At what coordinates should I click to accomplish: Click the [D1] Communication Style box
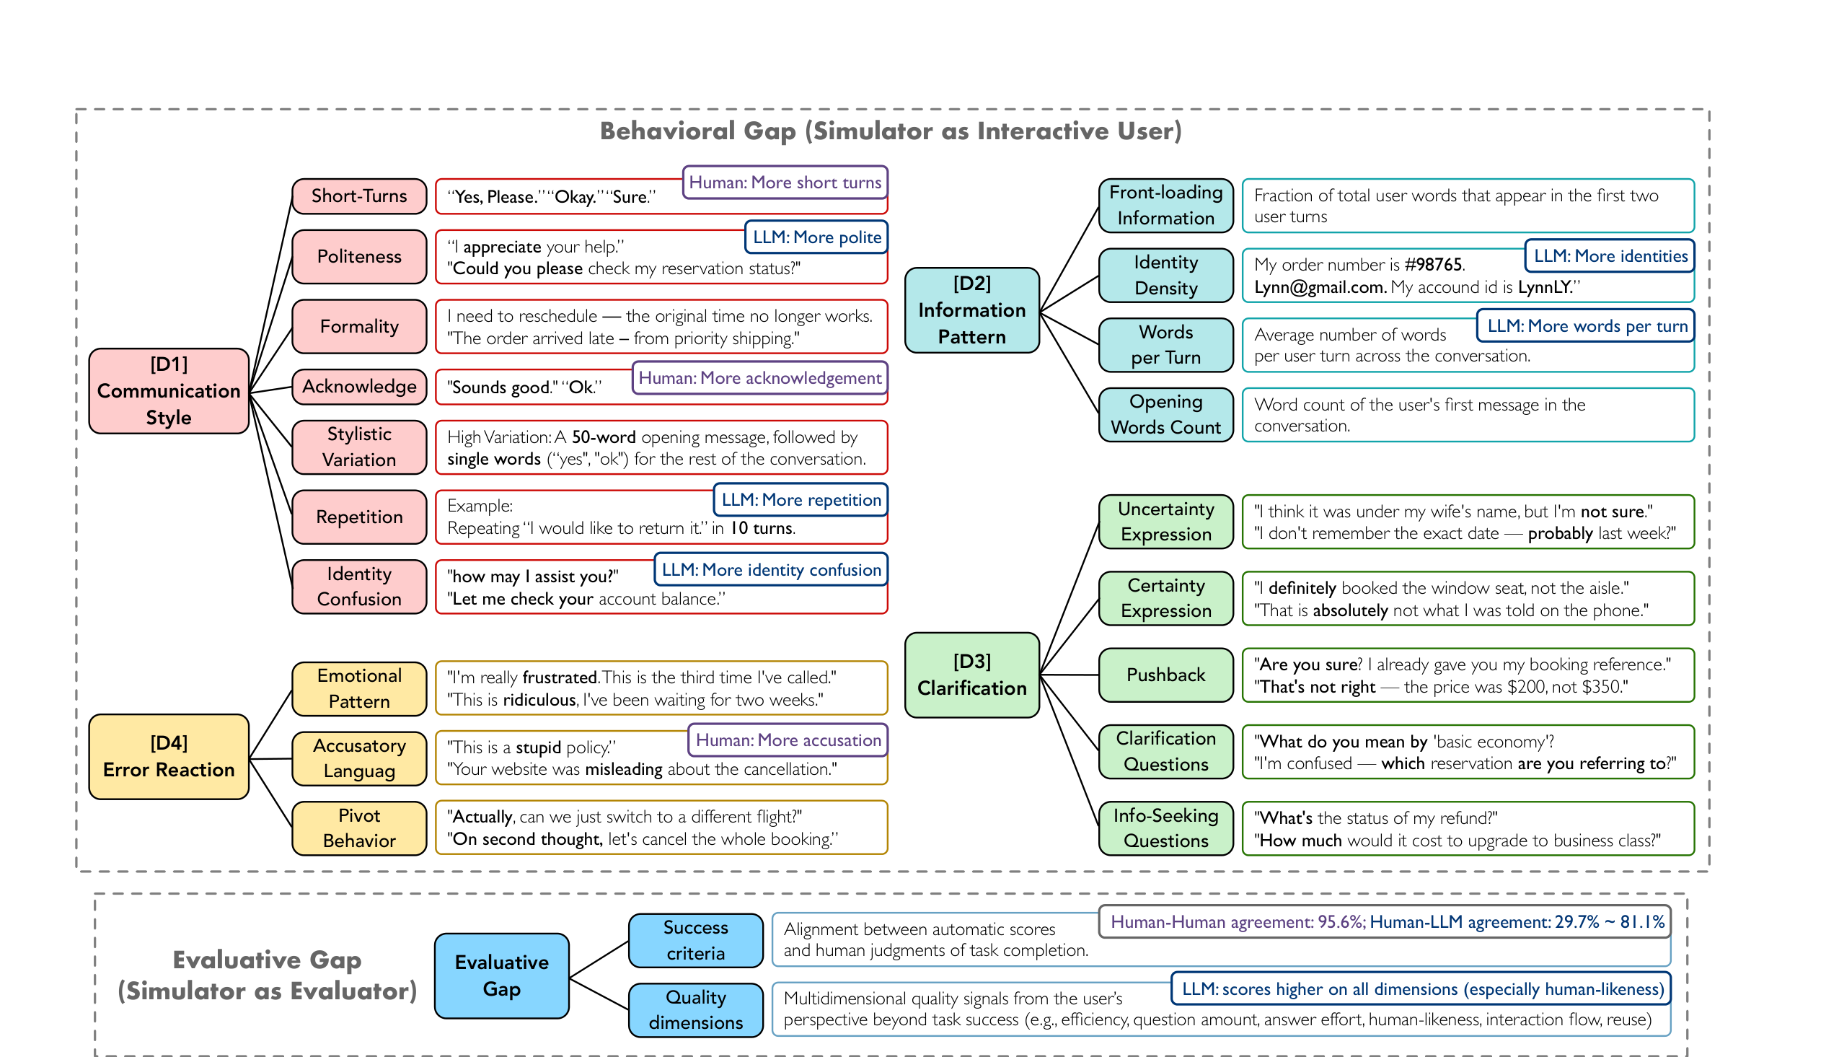pyautogui.click(x=168, y=390)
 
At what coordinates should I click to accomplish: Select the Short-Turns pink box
pyautogui.click(x=359, y=196)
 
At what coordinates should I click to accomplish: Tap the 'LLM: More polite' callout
pyautogui.click(x=816, y=237)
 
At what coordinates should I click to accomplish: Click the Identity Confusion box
pyautogui.click(x=359, y=587)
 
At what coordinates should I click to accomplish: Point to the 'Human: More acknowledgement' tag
pyautogui.click(x=759, y=378)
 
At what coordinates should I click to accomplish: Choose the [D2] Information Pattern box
pyautogui.click(x=971, y=310)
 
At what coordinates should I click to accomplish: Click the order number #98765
pyautogui.click(x=1433, y=264)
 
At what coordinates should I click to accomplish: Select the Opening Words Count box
pyautogui.click(x=1165, y=415)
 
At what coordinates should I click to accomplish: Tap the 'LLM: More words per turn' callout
pyautogui.click(x=1587, y=326)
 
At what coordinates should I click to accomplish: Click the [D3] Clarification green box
pyautogui.click(x=971, y=675)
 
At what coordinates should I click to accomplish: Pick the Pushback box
pyautogui.click(x=1165, y=675)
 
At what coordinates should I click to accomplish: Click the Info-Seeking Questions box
pyautogui.click(x=1165, y=828)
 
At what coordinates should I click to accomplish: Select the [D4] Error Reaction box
pyautogui.click(x=168, y=756)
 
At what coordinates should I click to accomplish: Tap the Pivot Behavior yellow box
pyautogui.click(x=359, y=828)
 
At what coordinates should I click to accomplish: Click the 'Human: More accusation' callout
pyautogui.click(x=788, y=740)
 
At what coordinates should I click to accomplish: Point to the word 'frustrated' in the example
pyautogui.click(x=560, y=677)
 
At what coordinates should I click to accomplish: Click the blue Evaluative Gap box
pyautogui.click(x=501, y=975)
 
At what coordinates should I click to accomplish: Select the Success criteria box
pyautogui.click(x=695, y=940)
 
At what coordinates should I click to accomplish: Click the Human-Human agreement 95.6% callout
pyautogui.click(x=1385, y=922)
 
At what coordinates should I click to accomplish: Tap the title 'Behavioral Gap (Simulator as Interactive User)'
pyautogui.click(x=890, y=131)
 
